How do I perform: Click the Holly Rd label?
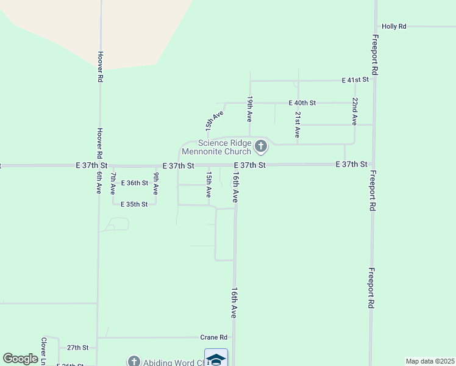click(x=394, y=27)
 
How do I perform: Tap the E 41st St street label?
click(x=355, y=80)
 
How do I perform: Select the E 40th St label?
click(x=302, y=103)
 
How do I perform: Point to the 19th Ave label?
click(x=250, y=107)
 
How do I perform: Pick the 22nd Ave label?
click(x=354, y=109)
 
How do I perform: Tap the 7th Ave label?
click(x=113, y=184)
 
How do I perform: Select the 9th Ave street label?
click(x=156, y=184)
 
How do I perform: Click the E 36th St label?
click(x=134, y=183)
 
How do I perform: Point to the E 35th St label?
click(x=134, y=204)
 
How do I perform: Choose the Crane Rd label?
click(x=213, y=337)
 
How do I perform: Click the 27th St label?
click(x=78, y=348)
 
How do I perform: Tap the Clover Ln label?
click(x=44, y=351)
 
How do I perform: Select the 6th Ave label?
click(x=98, y=182)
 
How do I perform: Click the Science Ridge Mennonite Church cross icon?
click(x=261, y=146)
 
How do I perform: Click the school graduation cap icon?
click(x=216, y=359)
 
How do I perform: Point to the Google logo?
click(x=20, y=359)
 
